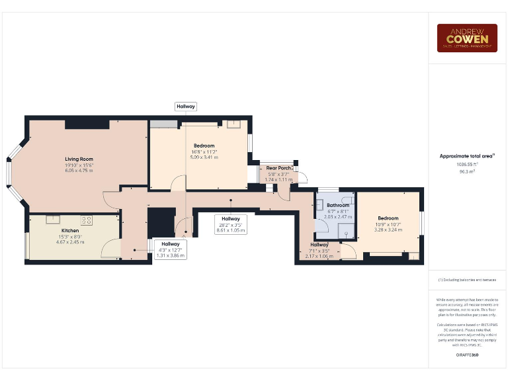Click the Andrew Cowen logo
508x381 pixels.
(466, 38)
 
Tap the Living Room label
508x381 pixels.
(79, 159)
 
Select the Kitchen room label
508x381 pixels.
(70, 231)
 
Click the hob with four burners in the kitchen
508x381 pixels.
(86, 220)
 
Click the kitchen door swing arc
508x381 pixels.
(110, 248)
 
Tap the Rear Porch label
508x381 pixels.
(278, 167)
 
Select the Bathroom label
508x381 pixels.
(337, 205)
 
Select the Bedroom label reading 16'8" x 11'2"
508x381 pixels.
(204, 146)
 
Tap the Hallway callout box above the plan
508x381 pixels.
(185, 106)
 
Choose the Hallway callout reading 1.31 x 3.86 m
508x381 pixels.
(170, 249)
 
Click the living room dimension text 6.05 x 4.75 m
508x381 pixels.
(79, 171)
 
